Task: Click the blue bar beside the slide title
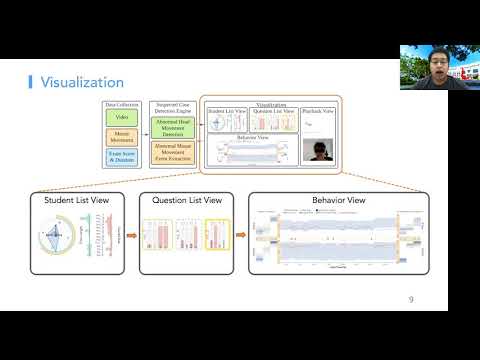pyautogui.click(x=30, y=82)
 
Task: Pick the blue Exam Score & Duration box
pyautogui.click(x=122, y=155)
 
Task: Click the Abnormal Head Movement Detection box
pyautogui.click(x=172, y=127)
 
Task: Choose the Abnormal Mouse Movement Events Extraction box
pyautogui.click(x=172, y=152)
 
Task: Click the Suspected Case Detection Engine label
pyautogui.click(x=172, y=107)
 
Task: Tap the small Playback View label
pyautogui.click(x=318, y=110)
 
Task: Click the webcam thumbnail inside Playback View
pyautogui.click(x=318, y=151)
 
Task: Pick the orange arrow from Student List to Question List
pyautogui.click(x=130, y=237)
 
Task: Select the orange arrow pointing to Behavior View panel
pyautogui.click(x=240, y=237)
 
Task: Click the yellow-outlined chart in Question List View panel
pyautogui.click(x=217, y=237)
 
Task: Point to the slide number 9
pyautogui.click(x=411, y=299)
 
